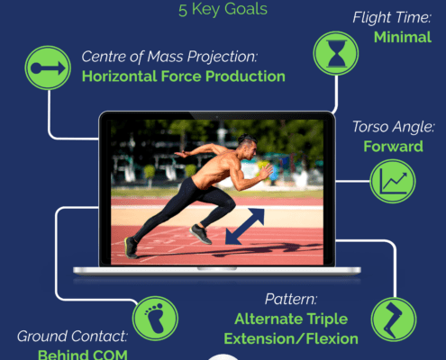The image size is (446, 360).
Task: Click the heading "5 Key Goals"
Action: tap(223, 9)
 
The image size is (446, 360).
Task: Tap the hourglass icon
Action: tap(336, 53)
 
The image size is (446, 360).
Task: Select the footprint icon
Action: tap(155, 319)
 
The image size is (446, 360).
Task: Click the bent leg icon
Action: tap(394, 319)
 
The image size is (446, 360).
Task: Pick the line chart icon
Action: tap(393, 182)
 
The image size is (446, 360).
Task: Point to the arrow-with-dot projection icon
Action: tap(48, 68)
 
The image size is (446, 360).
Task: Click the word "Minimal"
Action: tap(403, 38)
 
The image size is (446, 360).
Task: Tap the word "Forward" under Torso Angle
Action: tap(393, 147)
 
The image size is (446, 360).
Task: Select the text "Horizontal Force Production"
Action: tap(184, 76)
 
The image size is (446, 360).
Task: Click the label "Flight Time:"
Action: tap(392, 17)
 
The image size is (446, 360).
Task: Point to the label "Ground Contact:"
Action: tap(72, 337)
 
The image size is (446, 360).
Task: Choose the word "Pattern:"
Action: tap(291, 299)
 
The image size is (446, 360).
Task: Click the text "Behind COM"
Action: tap(83, 355)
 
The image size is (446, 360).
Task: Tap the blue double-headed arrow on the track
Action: tap(245, 227)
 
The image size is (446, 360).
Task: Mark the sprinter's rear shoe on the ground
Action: tap(131, 247)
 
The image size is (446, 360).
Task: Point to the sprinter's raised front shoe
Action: tap(200, 234)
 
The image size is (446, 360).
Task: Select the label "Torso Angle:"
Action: tap(394, 127)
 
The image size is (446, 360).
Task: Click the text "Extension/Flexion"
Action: tap(291, 339)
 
